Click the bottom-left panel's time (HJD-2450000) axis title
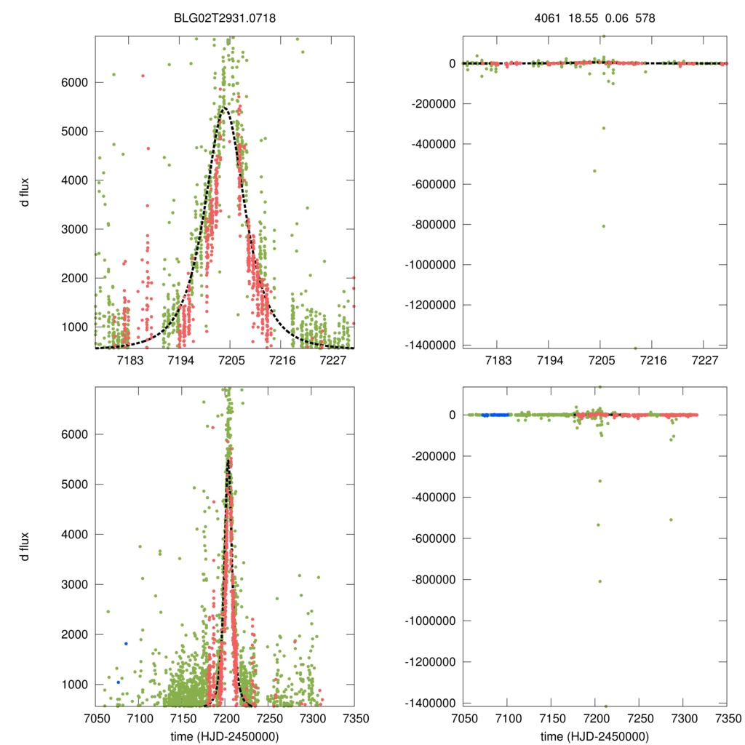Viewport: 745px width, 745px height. [225, 736]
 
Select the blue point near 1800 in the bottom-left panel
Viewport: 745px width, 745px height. [126, 643]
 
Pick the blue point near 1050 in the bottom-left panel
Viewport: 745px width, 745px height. [118, 682]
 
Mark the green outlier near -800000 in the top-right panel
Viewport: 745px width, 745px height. [603, 226]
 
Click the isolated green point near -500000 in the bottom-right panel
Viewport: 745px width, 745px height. [671, 519]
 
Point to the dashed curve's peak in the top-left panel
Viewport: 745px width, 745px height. [223, 108]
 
